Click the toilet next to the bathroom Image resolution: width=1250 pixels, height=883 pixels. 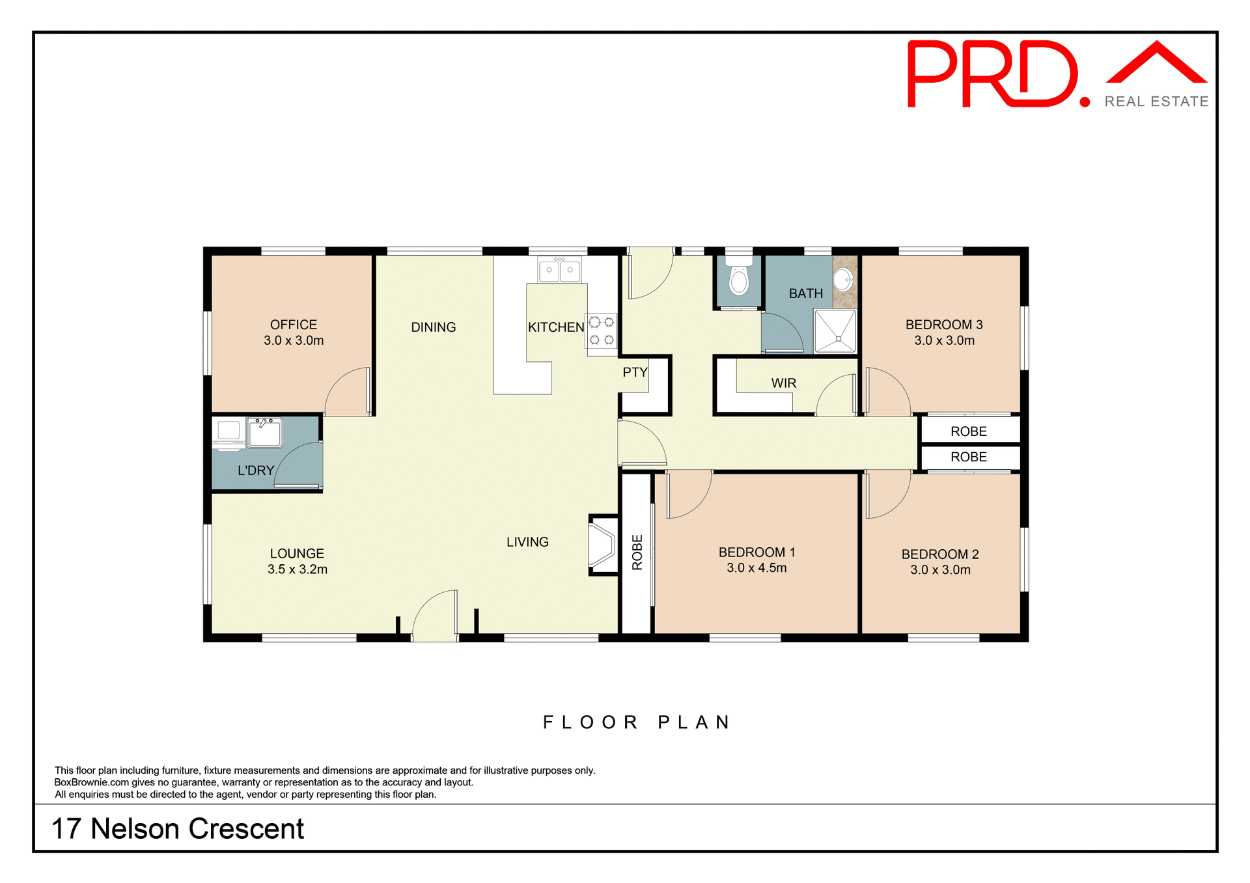click(738, 280)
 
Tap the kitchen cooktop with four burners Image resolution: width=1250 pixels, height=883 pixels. click(602, 331)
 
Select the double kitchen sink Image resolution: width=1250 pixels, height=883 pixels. click(559, 270)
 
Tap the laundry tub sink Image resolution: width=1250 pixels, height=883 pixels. click(264, 433)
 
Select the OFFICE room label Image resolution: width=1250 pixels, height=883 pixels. click(294, 325)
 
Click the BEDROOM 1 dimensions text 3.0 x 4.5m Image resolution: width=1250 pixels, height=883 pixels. click(757, 568)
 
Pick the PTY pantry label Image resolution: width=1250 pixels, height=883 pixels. click(635, 372)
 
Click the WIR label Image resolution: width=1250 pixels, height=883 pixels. click(784, 383)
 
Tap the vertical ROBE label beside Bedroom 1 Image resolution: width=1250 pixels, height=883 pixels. click(637, 552)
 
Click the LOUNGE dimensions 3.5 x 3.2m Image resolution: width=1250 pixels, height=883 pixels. click(297, 569)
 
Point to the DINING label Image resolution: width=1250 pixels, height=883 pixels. click(434, 327)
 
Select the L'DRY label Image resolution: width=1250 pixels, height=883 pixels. click(255, 470)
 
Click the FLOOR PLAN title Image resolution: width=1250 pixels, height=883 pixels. click(637, 722)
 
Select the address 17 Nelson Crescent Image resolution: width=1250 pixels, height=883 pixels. click(178, 829)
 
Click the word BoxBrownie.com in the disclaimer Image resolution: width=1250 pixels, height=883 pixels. click(92, 783)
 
